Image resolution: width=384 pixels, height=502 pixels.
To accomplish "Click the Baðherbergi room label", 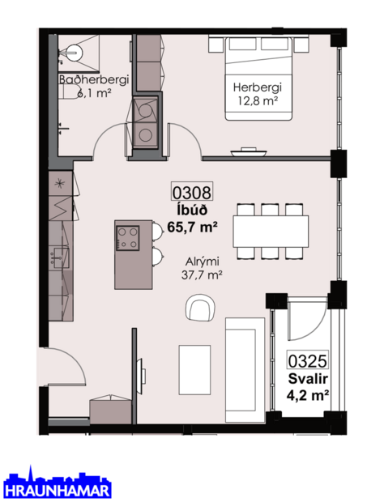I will tap(86, 80).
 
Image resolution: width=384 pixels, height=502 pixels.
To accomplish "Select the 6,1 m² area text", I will tap(93, 92).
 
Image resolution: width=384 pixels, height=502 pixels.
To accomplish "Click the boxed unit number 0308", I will tap(190, 193).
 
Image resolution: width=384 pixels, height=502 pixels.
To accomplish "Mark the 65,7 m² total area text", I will tap(192, 228).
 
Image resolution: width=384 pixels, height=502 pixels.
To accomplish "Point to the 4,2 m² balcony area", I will tap(307, 395).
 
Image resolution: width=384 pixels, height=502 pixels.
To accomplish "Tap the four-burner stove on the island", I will tap(129, 236).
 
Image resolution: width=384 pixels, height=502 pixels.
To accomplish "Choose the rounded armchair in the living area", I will tap(199, 308).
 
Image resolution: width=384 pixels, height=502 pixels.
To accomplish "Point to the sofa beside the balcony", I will tap(245, 366).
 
